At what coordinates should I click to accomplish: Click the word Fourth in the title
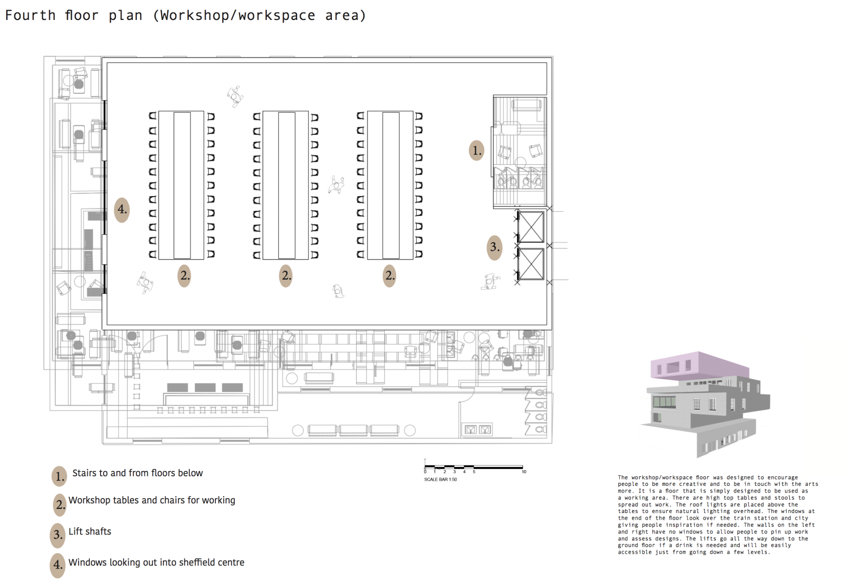[30, 15]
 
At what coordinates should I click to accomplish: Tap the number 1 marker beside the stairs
[477, 151]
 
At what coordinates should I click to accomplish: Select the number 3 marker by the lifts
[494, 247]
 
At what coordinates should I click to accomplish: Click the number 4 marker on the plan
[122, 210]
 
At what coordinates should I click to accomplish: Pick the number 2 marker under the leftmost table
[184, 276]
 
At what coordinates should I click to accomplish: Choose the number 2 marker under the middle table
[286, 276]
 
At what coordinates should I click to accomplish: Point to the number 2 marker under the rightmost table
[390, 276]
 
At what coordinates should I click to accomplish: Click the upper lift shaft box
[531, 227]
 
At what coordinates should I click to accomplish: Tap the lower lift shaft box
[531, 264]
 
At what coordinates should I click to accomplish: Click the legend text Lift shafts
[90, 532]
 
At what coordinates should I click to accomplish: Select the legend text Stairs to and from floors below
[137, 473]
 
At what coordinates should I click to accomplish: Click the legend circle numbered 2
[60, 505]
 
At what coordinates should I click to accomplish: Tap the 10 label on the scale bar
[524, 472]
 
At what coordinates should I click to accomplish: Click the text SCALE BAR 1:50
[440, 479]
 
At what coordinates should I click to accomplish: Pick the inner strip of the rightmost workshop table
[391, 185]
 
